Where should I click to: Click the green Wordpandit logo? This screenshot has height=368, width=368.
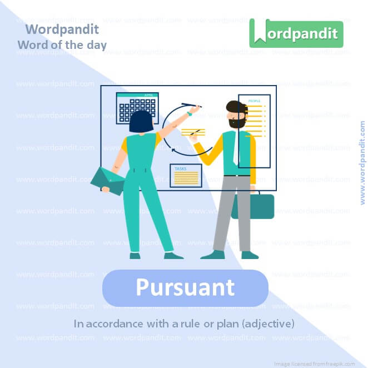click(296, 33)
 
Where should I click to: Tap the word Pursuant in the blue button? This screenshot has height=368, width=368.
click(185, 288)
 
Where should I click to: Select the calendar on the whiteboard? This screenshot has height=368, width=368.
click(137, 108)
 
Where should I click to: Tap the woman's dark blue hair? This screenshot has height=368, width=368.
click(141, 122)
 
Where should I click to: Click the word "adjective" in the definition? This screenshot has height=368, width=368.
click(267, 323)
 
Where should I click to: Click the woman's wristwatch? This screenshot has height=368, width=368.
click(189, 113)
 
